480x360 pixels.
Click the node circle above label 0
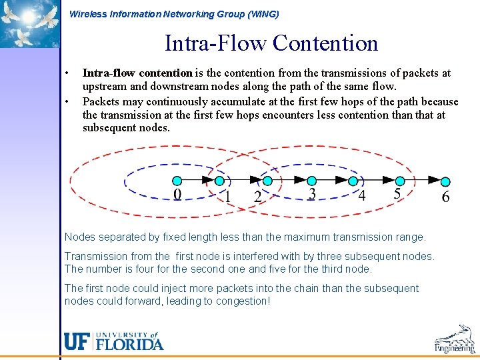[x=177, y=181]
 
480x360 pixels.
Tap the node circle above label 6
[x=445, y=181]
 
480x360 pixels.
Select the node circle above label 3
[x=311, y=181]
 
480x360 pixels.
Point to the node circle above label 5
[x=400, y=181]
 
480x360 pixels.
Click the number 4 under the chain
[x=361, y=195]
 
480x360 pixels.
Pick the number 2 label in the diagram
[x=257, y=197]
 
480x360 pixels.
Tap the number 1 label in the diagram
[x=227, y=197]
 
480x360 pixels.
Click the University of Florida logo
[x=113, y=341]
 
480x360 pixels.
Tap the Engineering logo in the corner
[x=455, y=339]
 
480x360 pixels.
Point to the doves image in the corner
[x=30, y=23]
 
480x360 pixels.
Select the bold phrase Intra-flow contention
[x=137, y=73]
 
